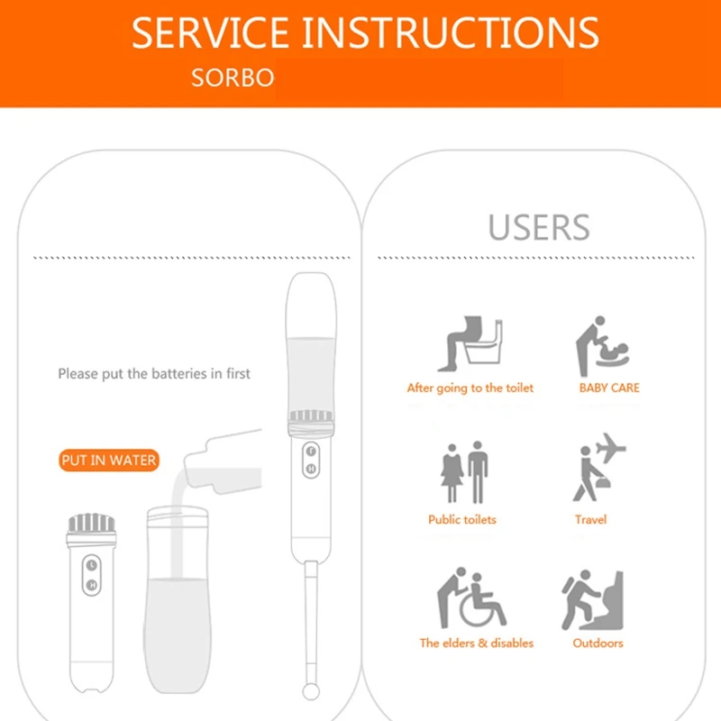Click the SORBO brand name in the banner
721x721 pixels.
(x=232, y=78)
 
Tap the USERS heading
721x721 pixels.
(x=539, y=227)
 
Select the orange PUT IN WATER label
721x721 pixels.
(x=109, y=461)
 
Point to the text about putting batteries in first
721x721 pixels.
(x=154, y=373)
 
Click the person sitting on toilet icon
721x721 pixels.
(x=470, y=343)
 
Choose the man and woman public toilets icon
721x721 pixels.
(x=464, y=472)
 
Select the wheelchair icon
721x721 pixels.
(x=472, y=598)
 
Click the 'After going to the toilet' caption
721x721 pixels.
(x=470, y=388)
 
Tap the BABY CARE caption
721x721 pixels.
(x=609, y=388)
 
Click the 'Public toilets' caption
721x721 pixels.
(x=462, y=520)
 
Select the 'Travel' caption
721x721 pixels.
(x=591, y=520)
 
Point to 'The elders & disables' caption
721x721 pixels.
(x=476, y=643)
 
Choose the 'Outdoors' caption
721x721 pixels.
(x=598, y=643)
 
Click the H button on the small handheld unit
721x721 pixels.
(x=91, y=585)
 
